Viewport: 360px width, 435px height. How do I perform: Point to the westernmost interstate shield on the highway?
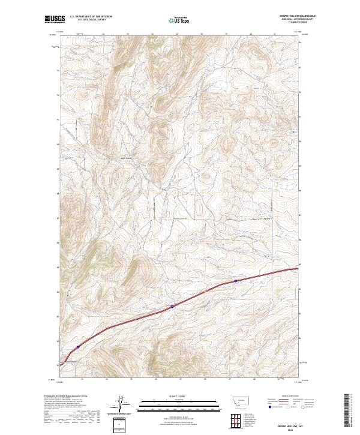pyautogui.click(x=78, y=347)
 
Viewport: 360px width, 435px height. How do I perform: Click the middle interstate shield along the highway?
pyautogui.click(x=172, y=306)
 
